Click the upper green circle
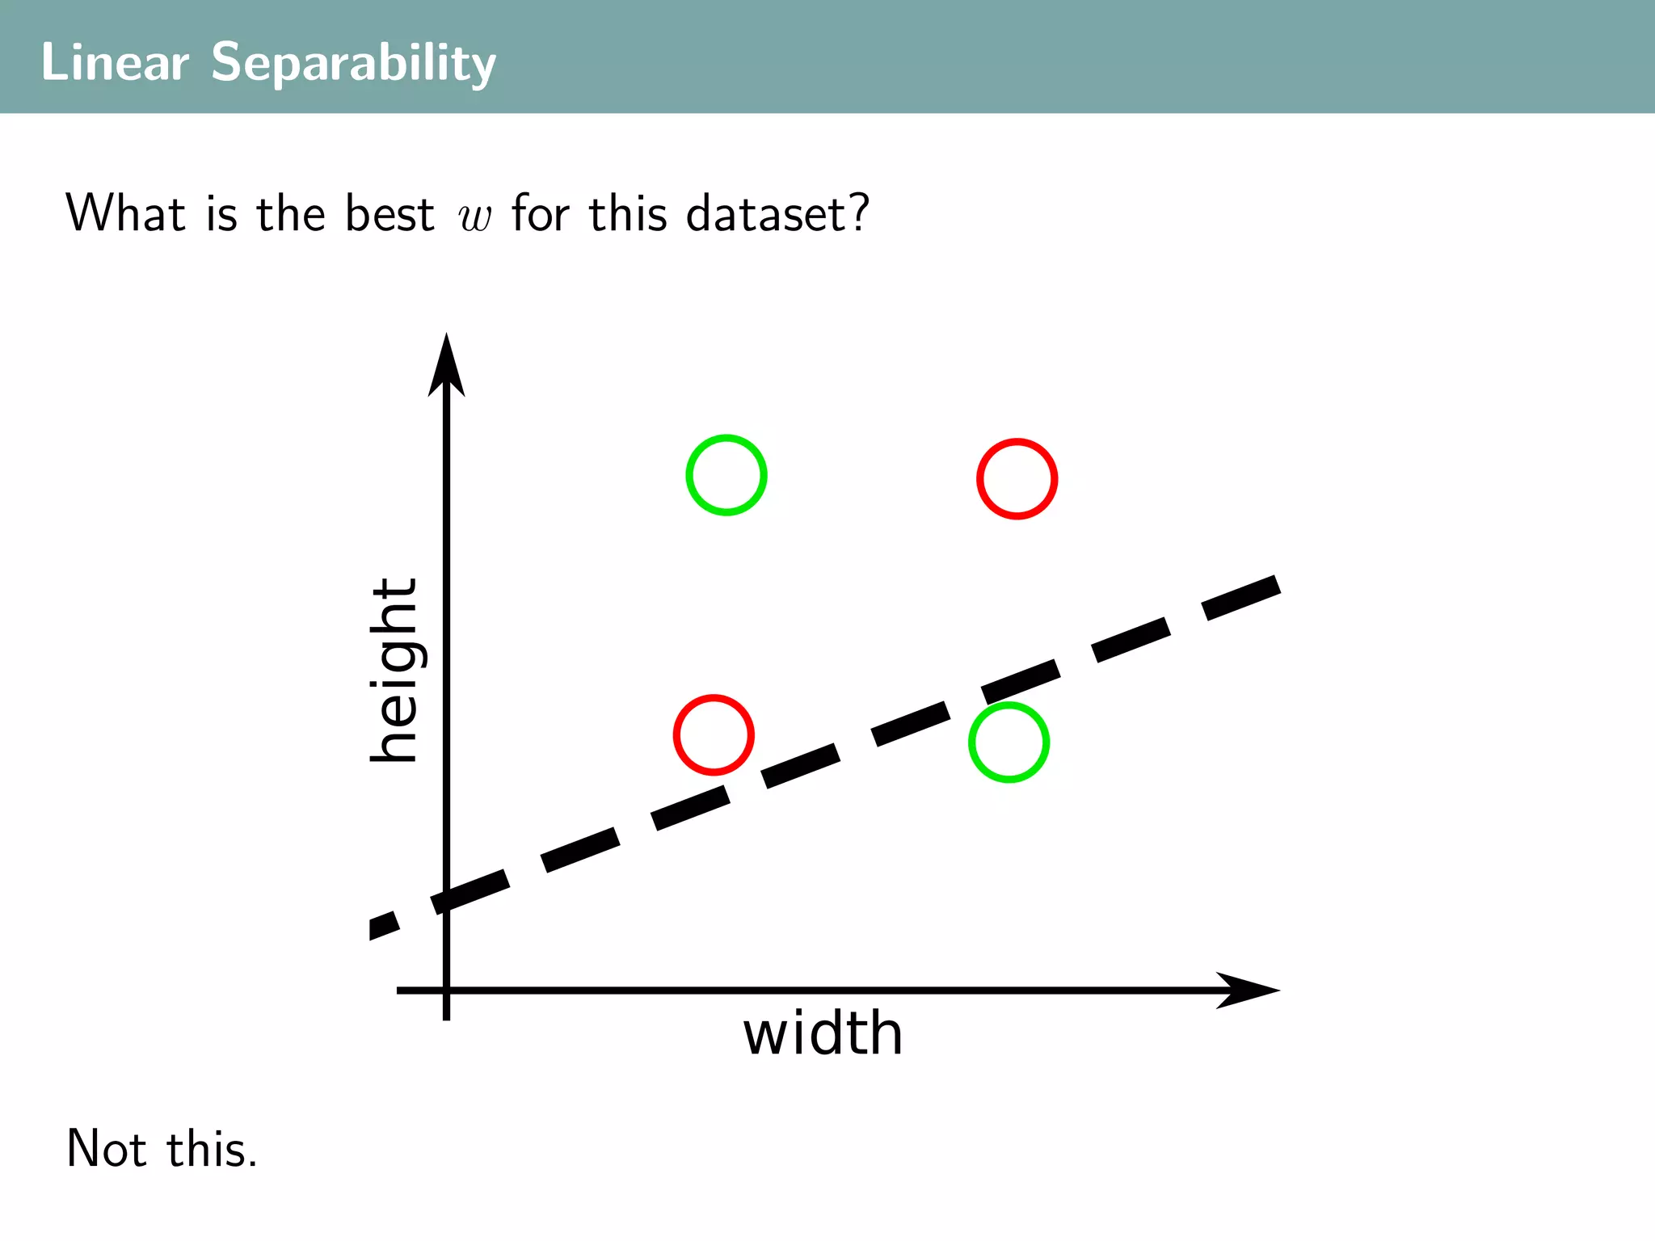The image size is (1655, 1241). point(726,475)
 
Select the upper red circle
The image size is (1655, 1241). point(1017,479)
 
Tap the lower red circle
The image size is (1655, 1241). point(714,735)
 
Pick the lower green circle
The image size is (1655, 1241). point(1009,742)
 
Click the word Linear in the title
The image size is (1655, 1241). point(115,62)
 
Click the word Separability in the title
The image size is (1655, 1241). point(353,63)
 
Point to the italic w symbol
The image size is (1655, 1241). point(474,217)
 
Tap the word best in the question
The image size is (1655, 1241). point(390,214)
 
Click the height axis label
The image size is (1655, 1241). point(395,671)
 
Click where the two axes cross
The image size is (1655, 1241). point(446,990)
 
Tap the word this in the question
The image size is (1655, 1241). point(628,214)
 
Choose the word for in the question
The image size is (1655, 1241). point(541,214)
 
